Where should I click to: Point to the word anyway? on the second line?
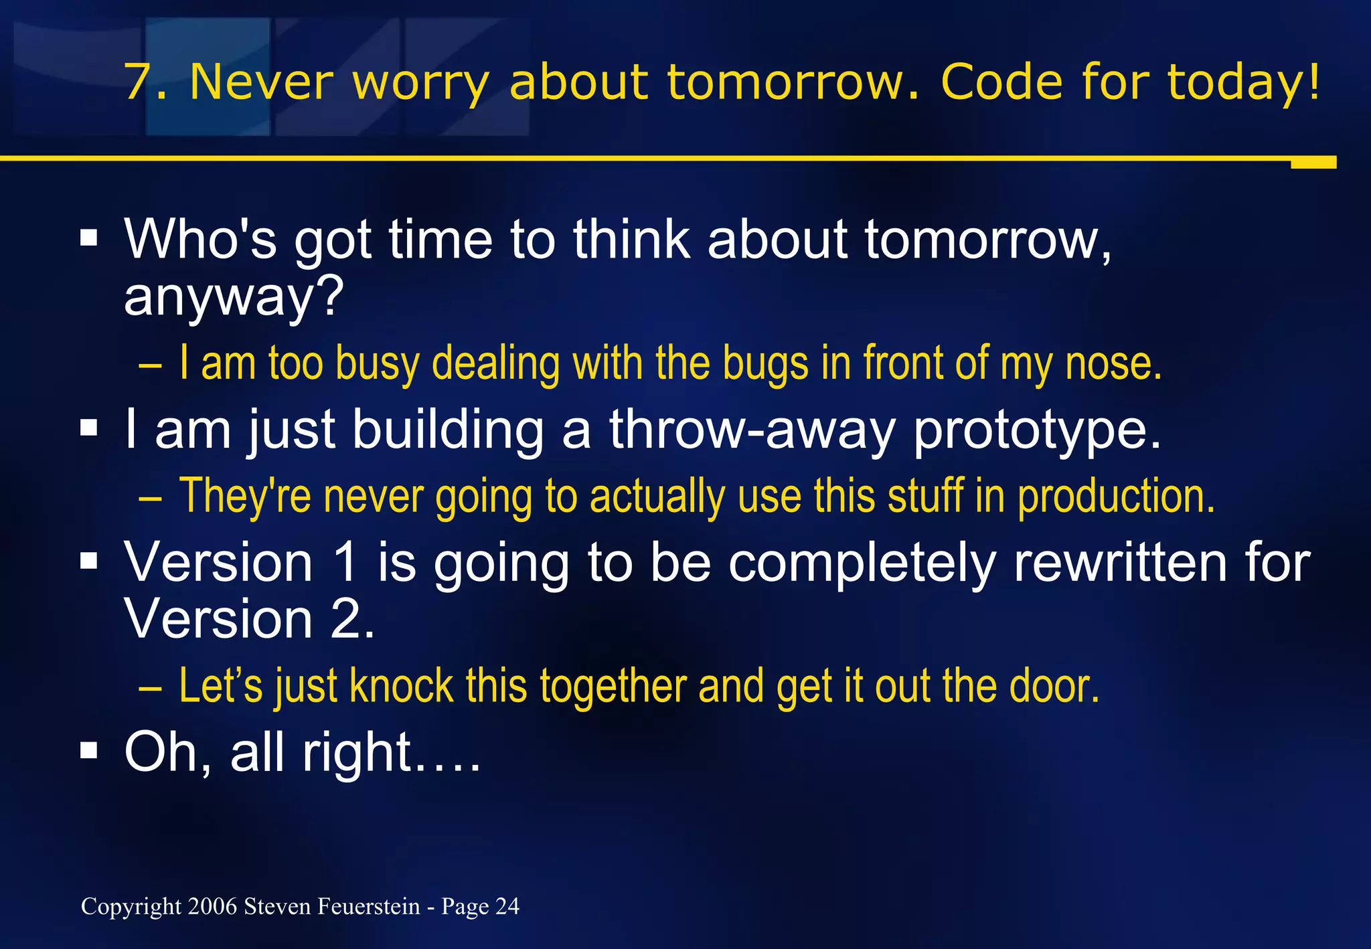(x=234, y=297)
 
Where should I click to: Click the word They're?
(x=245, y=496)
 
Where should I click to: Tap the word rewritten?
(x=1120, y=563)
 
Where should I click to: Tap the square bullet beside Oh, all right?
(x=88, y=751)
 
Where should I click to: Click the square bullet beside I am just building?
(x=88, y=428)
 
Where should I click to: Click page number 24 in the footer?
(x=507, y=906)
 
